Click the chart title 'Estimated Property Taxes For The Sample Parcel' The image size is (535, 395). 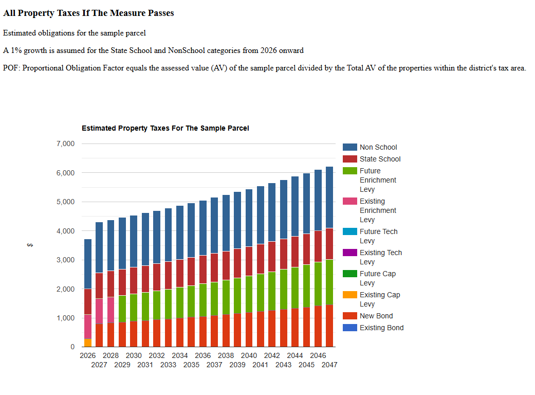(165, 128)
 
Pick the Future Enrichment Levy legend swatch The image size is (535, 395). (350, 171)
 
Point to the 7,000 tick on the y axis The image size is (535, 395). (65, 143)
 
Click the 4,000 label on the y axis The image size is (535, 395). (65, 231)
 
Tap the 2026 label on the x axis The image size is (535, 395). (88, 355)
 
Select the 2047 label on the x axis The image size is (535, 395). (329, 365)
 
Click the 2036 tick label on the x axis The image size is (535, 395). (203, 355)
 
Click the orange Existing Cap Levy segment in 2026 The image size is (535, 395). (88, 343)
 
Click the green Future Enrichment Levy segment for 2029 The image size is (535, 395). (122, 309)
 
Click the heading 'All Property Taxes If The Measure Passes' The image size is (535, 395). (88, 13)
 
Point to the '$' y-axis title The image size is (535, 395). (30, 245)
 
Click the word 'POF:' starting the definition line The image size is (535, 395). (12, 68)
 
